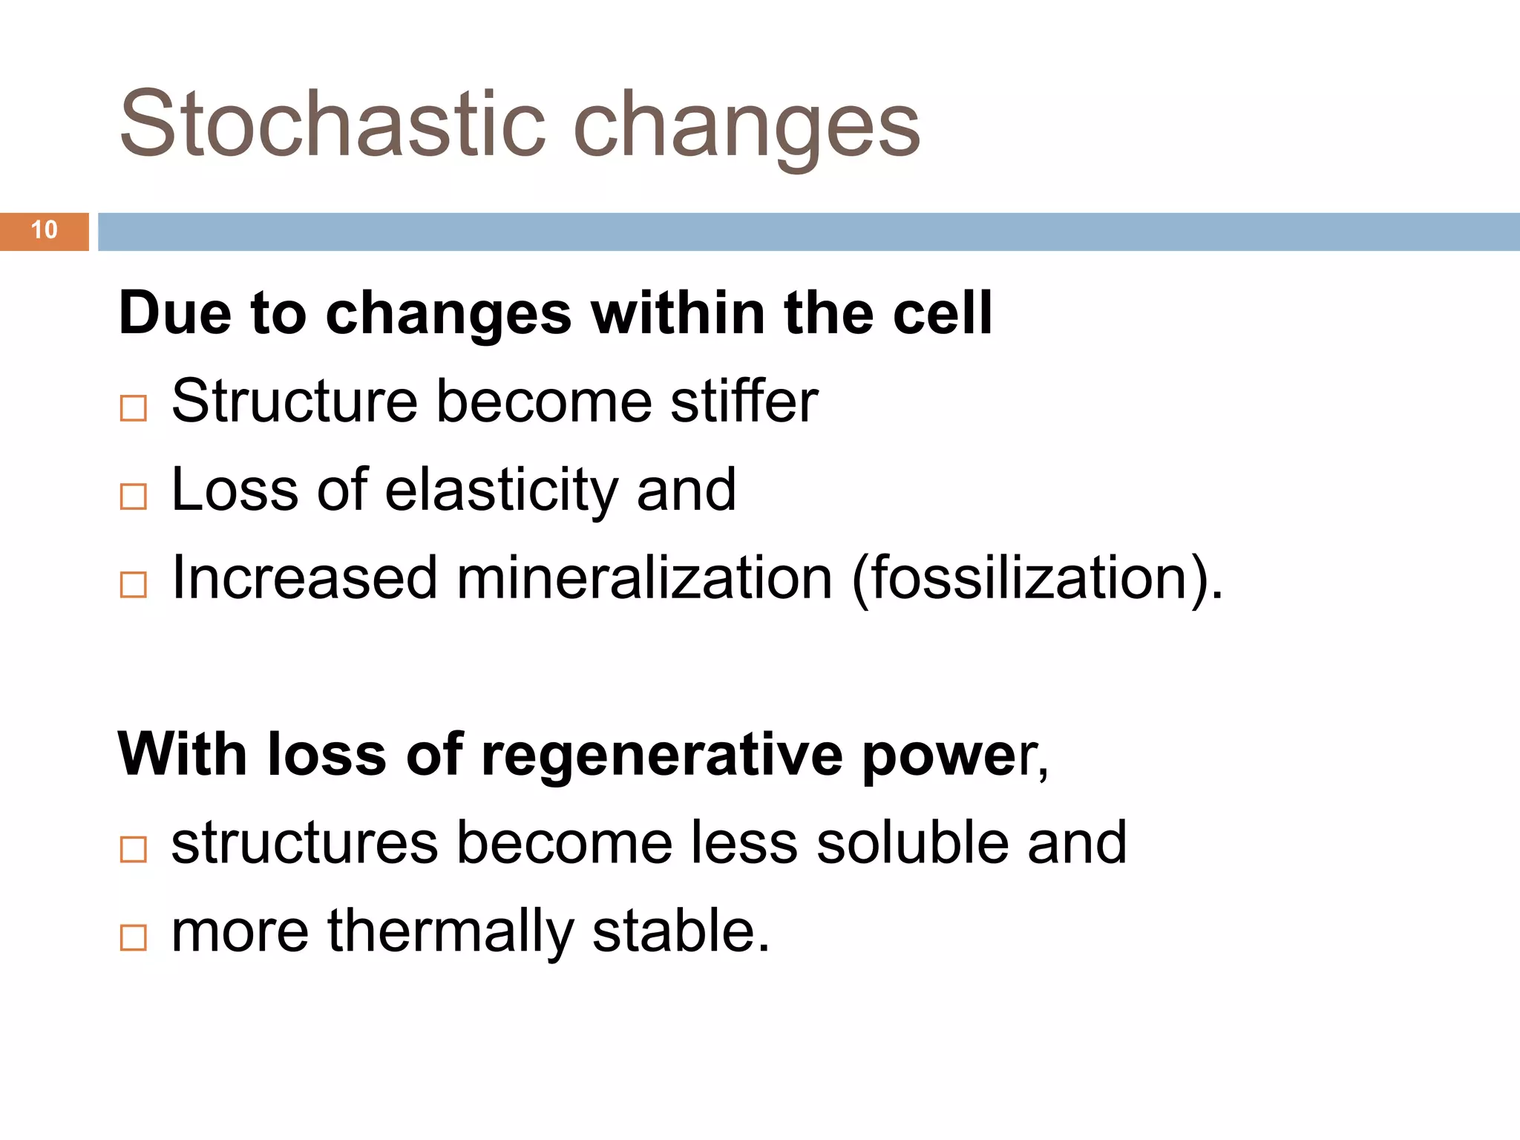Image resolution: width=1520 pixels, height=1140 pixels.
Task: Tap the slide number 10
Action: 45,230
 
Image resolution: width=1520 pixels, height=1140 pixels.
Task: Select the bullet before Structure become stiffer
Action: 134,408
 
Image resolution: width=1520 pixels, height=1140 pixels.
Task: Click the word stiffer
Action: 744,402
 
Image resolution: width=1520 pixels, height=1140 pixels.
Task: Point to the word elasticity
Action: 502,491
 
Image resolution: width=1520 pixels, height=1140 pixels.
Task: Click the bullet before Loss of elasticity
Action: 134,497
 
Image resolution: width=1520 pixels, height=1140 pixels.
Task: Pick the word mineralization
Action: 644,578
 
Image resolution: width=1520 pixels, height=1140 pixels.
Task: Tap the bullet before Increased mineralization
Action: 134,585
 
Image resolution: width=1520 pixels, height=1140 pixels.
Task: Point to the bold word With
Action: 182,754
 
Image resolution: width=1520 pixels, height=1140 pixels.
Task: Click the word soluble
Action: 912,843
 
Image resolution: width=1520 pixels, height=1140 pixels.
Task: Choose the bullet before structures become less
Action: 134,849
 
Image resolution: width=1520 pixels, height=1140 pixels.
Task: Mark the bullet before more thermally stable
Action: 134,937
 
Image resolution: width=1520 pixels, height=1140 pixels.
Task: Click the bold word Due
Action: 174,313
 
